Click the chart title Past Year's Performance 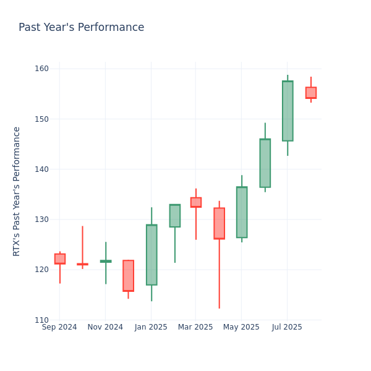point(81,28)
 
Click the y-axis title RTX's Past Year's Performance point(17,191)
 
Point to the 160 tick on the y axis point(42,69)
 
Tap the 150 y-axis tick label point(42,119)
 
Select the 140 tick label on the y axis point(42,169)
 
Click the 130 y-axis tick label point(42,220)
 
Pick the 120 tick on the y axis point(42,270)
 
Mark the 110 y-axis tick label point(42,320)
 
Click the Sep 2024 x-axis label point(59,327)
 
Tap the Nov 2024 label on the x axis point(105,327)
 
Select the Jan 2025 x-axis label point(151,327)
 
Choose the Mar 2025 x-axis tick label point(195,327)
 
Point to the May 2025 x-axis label point(241,327)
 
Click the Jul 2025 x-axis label point(287,327)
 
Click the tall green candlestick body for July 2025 point(288,111)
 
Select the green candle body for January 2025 point(151,255)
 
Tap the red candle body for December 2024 point(128,276)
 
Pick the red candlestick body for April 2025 point(219,223)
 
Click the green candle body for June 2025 point(265,163)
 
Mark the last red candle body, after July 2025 point(310,93)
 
